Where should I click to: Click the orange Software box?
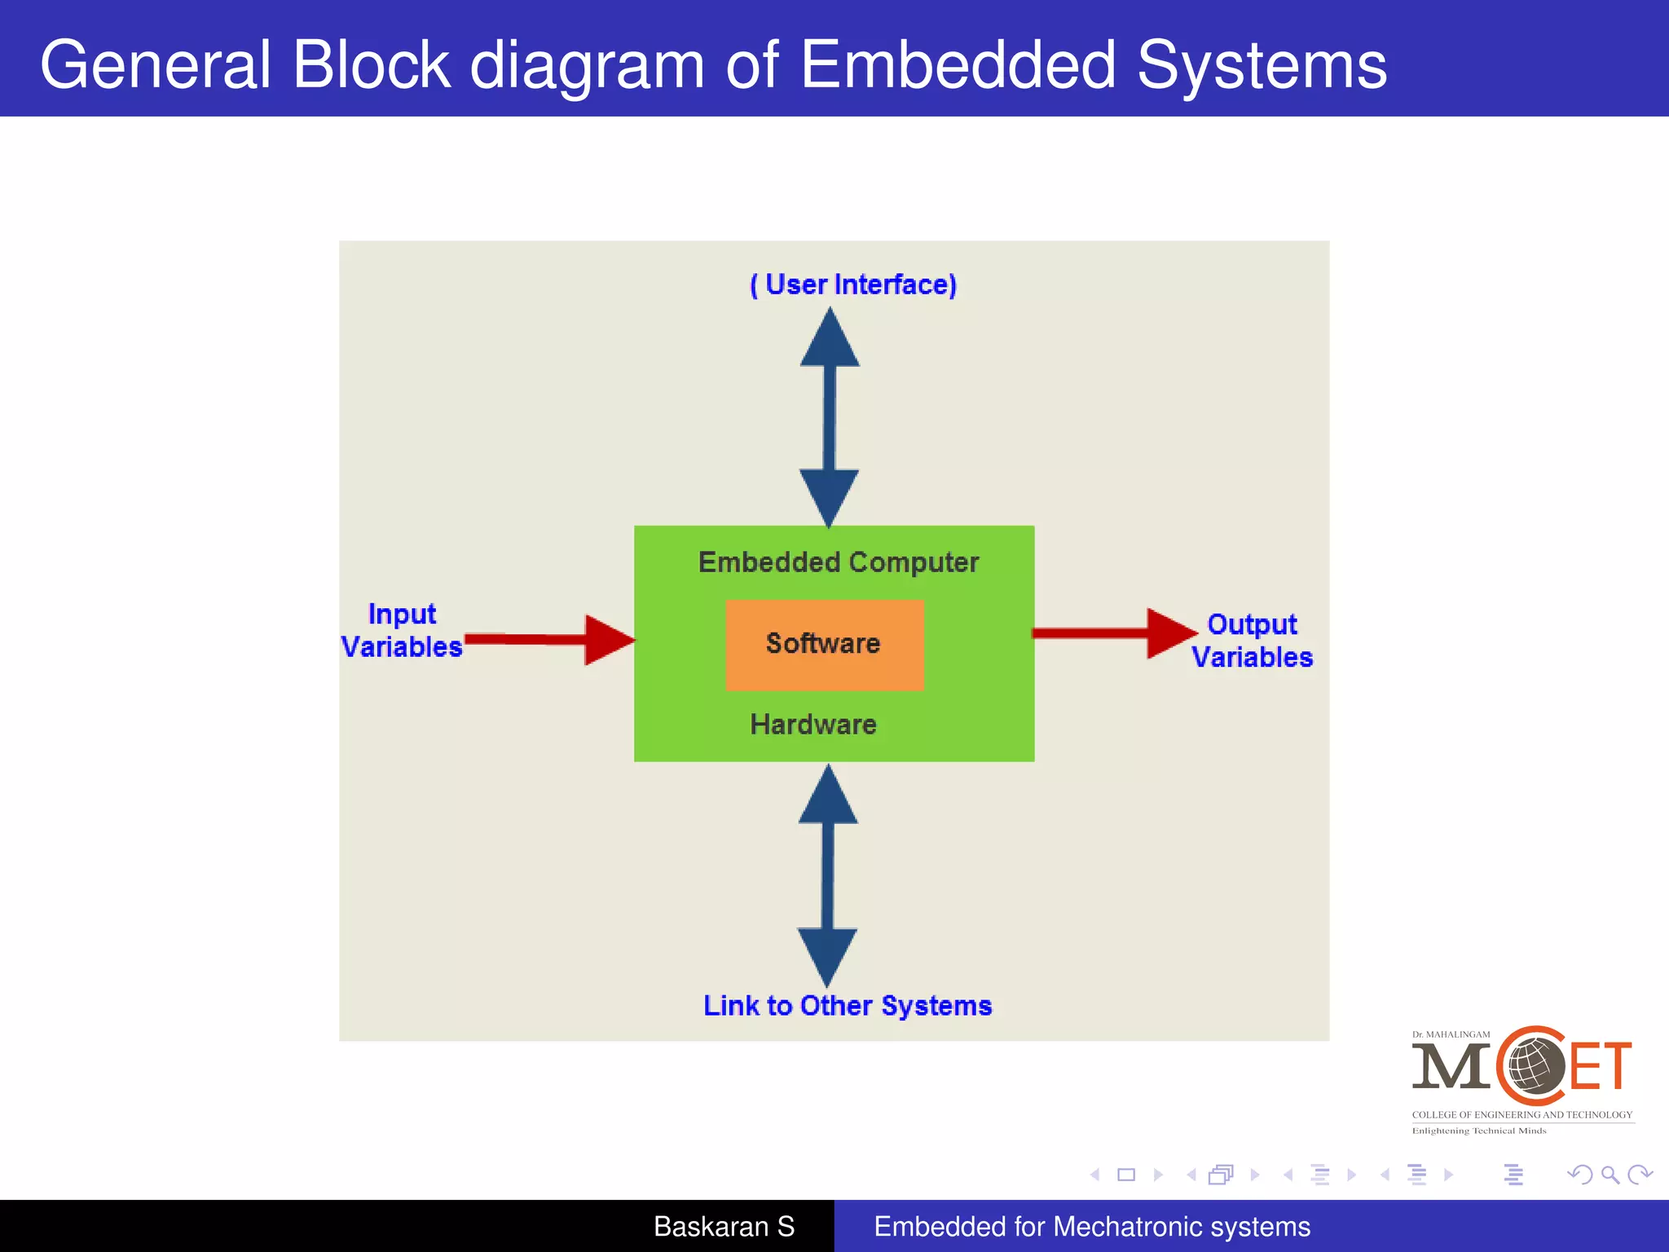(824, 645)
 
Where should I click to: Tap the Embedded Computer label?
(838, 562)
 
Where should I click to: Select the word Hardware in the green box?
(812, 724)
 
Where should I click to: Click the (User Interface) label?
(852, 284)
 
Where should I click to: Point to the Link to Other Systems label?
(848, 1005)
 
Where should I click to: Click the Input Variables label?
(402, 630)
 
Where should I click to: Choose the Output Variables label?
(1252, 641)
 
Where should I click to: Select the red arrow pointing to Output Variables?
(1113, 633)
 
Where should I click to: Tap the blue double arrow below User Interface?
(830, 417)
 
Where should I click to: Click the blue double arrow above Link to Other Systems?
(828, 875)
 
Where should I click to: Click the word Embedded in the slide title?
(958, 65)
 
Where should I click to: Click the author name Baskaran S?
(724, 1226)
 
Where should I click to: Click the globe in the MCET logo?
(1531, 1065)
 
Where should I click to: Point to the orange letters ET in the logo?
(1601, 1065)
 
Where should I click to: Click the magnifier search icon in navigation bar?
(1610, 1175)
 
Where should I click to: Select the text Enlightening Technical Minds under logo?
(1478, 1131)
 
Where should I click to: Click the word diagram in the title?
(587, 65)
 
